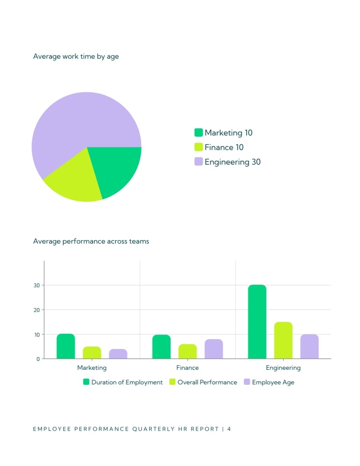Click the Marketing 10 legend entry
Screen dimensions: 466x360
click(x=224, y=133)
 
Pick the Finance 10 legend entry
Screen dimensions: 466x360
click(x=219, y=147)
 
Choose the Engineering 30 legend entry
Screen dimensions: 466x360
click(x=228, y=162)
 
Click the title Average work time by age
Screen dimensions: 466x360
click(x=76, y=56)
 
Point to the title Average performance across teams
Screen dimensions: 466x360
click(x=91, y=241)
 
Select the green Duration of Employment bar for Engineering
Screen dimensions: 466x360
click(x=257, y=322)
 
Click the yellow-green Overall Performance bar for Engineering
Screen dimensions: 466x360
click(x=283, y=340)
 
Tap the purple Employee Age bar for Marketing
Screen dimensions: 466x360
click(x=118, y=354)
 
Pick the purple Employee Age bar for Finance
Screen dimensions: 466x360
click(x=214, y=349)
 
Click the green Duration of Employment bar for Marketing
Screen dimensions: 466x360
click(x=66, y=346)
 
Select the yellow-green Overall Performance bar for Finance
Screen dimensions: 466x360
click(x=188, y=352)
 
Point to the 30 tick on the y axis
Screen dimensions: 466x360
click(x=37, y=286)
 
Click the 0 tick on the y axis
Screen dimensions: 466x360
click(x=38, y=359)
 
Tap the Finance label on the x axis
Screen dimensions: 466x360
click(x=187, y=368)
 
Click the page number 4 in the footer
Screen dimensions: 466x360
click(x=229, y=429)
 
